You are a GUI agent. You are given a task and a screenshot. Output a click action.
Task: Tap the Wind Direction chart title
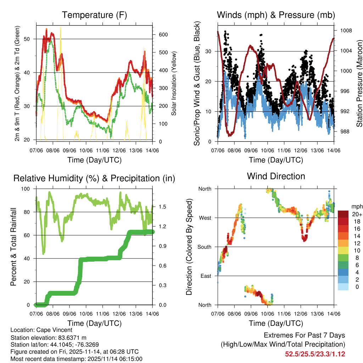coord(276,176)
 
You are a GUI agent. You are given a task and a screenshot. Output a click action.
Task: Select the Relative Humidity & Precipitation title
coord(94,178)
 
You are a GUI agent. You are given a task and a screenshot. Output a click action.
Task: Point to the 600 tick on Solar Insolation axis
coord(163,34)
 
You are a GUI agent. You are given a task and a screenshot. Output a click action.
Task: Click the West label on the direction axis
coord(205,218)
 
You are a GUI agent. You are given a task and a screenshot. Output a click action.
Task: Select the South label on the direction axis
coord(204,247)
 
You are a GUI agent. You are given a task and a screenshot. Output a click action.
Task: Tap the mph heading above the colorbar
coord(356,206)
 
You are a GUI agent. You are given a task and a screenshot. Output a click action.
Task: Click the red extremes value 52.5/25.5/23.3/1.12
coord(315,354)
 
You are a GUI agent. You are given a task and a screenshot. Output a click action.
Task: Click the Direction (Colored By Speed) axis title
coord(189,247)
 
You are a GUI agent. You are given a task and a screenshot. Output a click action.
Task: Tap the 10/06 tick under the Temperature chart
coord(86,151)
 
